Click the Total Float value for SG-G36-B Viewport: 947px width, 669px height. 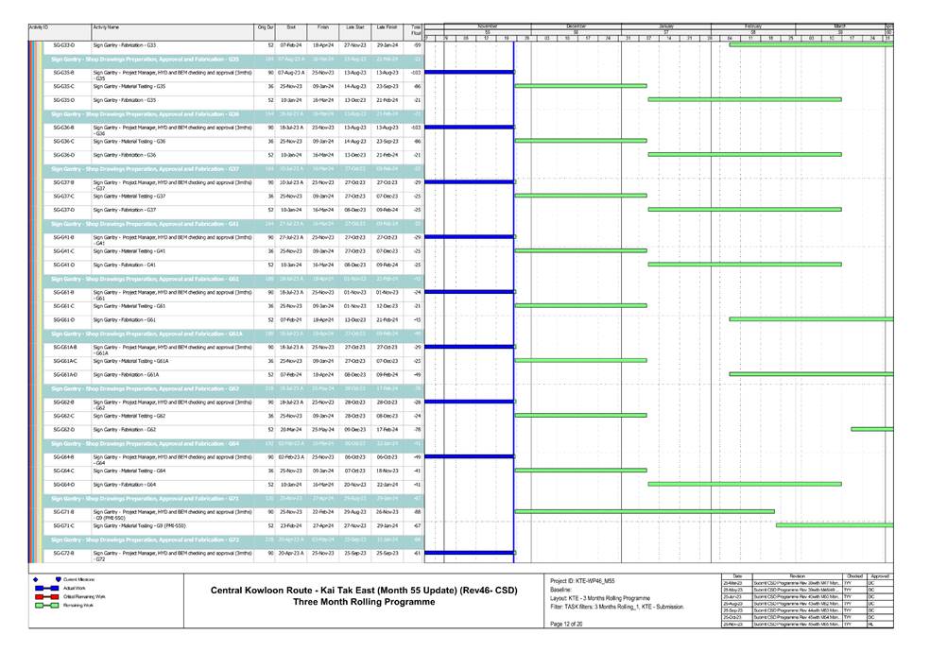tap(415, 127)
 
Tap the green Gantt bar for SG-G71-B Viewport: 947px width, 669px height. tap(644, 511)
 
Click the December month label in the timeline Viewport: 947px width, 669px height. tap(576, 26)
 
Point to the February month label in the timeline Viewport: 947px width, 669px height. tap(752, 26)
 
